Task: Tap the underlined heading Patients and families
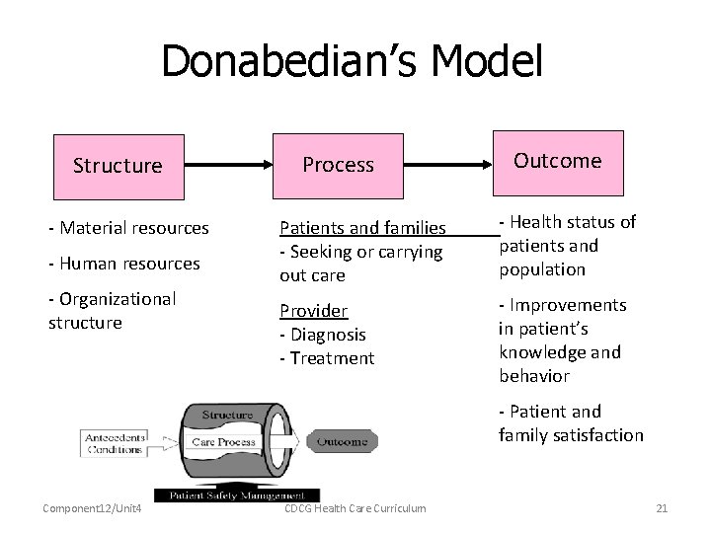click(362, 229)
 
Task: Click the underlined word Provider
click(313, 311)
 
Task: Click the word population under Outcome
click(542, 269)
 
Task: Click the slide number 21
click(662, 508)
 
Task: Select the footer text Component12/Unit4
click(92, 508)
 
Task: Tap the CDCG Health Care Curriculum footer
click(355, 508)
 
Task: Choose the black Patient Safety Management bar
click(236, 495)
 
